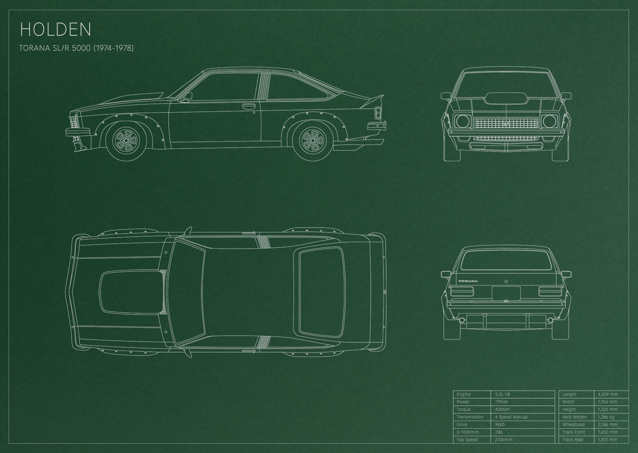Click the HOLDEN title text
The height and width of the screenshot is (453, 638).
click(x=55, y=29)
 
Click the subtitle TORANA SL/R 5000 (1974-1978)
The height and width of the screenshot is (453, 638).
click(x=76, y=48)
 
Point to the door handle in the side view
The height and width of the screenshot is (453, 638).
click(x=249, y=106)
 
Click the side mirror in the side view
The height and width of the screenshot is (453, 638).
click(x=188, y=97)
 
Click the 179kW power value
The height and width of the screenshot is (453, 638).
click(x=501, y=402)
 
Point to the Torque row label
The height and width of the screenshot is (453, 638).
click(x=464, y=409)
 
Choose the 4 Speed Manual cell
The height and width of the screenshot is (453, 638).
click(x=511, y=417)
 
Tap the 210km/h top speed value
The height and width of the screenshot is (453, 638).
click(x=504, y=439)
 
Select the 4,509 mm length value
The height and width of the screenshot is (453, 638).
click(x=608, y=394)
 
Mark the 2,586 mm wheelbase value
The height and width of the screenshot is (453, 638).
click(x=608, y=424)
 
